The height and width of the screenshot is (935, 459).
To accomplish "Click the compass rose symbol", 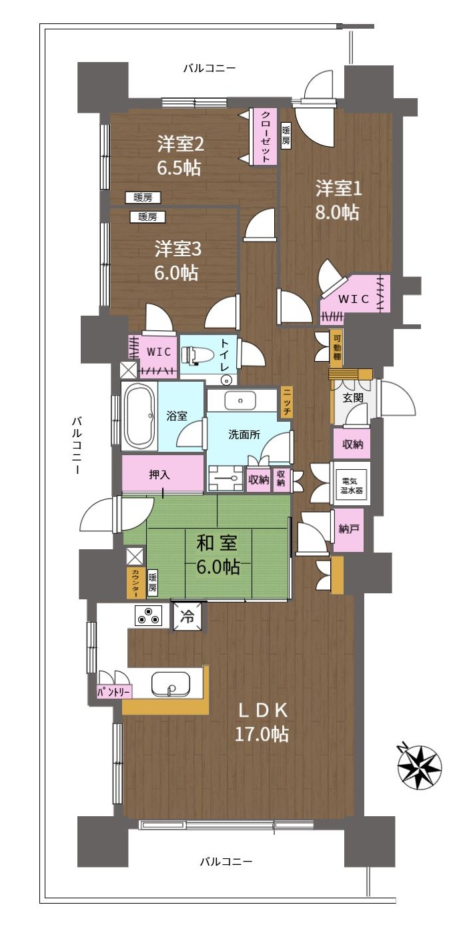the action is click(x=419, y=766).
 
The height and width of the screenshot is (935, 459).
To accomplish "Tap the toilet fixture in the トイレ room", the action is click(x=193, y=355).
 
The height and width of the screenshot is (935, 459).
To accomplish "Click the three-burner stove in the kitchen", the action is click(x=148, y=615).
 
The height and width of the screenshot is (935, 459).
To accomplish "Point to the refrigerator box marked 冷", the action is click(x=187, y=616).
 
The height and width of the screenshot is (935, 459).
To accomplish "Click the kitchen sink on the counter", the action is click(x=170, y=685).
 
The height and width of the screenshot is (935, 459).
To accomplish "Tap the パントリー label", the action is click(x=114, y=692).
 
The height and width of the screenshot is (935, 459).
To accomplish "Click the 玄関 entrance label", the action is click(x=353, y=398).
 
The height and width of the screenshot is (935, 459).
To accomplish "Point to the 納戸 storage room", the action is click(x=348, y=529).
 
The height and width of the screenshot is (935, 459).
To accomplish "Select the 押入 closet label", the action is click(x=159, y=475).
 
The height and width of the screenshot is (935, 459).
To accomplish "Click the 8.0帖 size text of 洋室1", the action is click(x=337, y=212).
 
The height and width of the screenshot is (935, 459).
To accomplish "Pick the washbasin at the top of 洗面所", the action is click(x=240, y=400).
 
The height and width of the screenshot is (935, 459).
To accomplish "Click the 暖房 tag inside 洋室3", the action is click(x=147, y=217).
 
